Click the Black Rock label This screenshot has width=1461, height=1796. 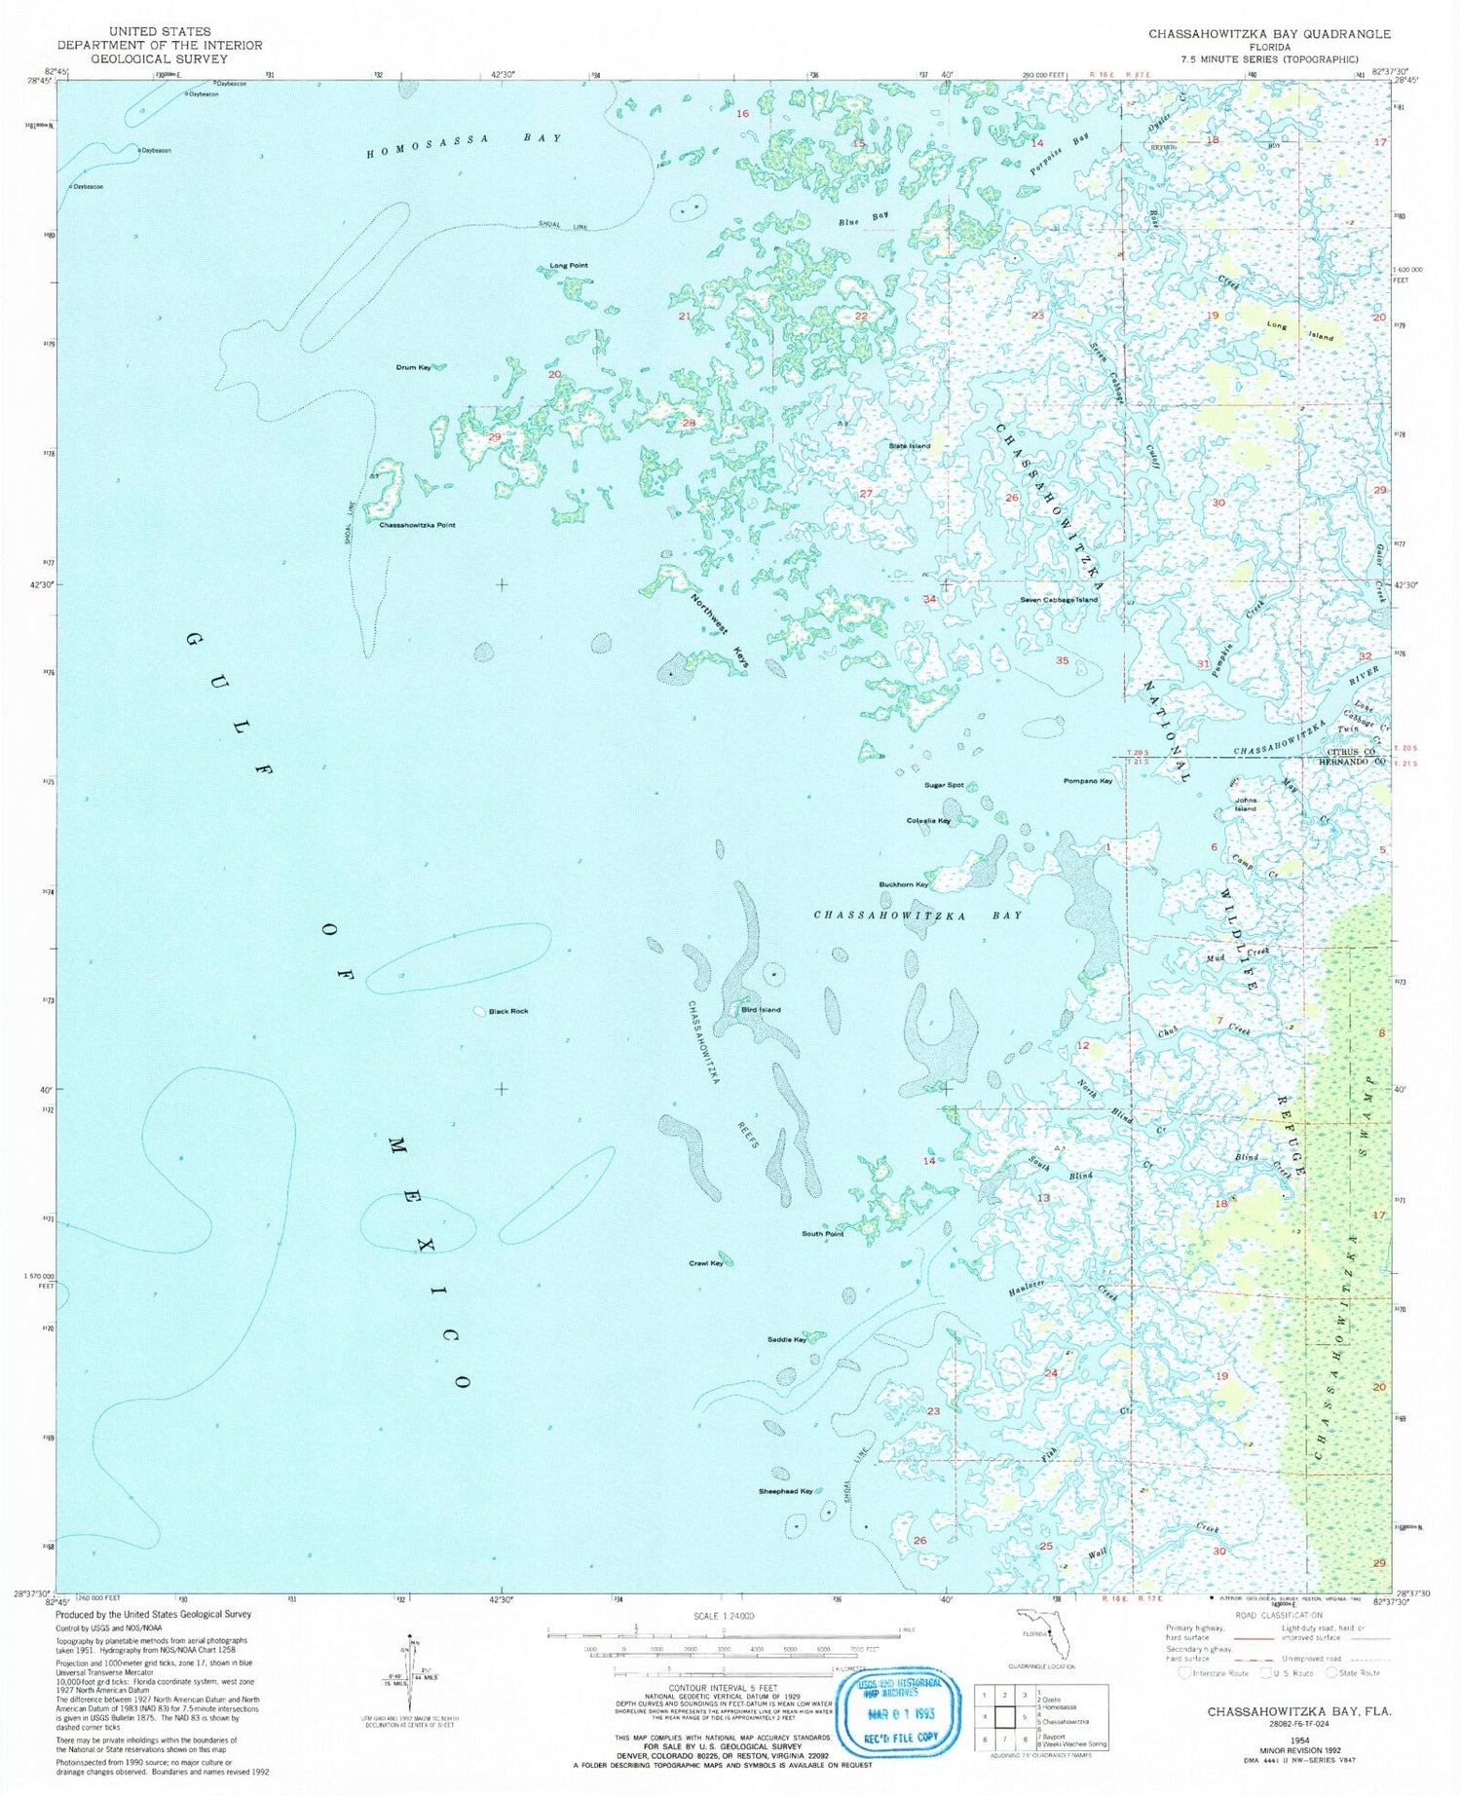point(508,1011)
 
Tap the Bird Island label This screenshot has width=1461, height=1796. point(762,1010)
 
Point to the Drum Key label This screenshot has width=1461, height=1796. point(413,367)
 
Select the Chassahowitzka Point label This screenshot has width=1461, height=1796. point(417,525)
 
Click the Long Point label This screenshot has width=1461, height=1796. point(569,266)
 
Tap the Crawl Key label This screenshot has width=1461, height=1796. point(705,1263)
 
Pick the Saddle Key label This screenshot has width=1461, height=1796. point(786,1339)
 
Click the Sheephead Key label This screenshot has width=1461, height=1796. point(785,1491)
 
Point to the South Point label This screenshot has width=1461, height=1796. point(822,1234)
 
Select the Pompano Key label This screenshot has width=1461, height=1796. point(1088,781)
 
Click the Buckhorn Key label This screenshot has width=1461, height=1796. point(903,884)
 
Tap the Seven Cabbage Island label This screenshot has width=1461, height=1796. point(1059,600)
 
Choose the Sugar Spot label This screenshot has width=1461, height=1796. point(944,785)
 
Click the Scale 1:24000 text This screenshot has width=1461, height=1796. point(725,1615)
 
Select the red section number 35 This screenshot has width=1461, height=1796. point(1062,660)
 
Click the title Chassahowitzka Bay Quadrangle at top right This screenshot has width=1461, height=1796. point(1269,34)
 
